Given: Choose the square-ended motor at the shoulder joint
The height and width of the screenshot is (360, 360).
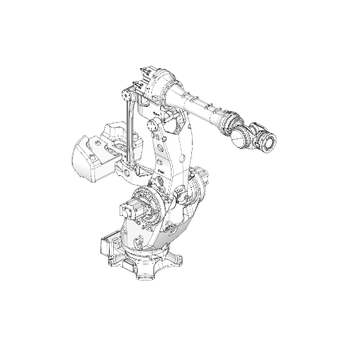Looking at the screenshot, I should point(131,209).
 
